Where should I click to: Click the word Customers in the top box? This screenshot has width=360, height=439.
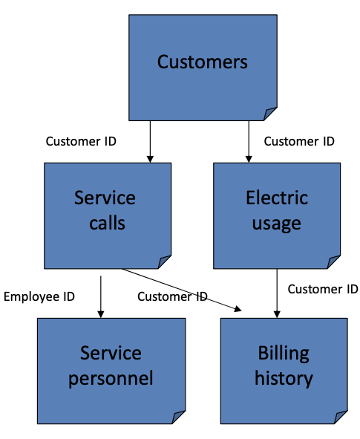point(202,61)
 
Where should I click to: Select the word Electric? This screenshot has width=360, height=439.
point(276,198)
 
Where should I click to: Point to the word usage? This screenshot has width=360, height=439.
point(276,223)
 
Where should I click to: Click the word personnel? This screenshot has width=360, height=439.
point(111,378)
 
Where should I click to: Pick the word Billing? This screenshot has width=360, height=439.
point(284,353)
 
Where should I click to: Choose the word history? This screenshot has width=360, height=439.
point(284,378)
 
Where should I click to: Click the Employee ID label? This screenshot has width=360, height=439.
point(39,296)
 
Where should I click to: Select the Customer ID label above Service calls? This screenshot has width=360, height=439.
point(81,141)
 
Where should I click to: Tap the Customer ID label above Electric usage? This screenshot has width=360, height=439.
point(299,141)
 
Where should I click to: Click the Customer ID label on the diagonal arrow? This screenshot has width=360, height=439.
point(172,296)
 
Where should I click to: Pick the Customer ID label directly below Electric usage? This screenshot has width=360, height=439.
point(323,288)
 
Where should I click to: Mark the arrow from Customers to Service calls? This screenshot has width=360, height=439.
point(150,141)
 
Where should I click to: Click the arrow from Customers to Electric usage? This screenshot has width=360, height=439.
point(249,141)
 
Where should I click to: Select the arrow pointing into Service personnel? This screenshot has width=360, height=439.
point(100,293)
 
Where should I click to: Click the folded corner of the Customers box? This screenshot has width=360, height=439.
point(270,113)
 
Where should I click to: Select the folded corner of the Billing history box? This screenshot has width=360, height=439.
point(340,417)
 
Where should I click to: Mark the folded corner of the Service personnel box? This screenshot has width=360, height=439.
point(178,417)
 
